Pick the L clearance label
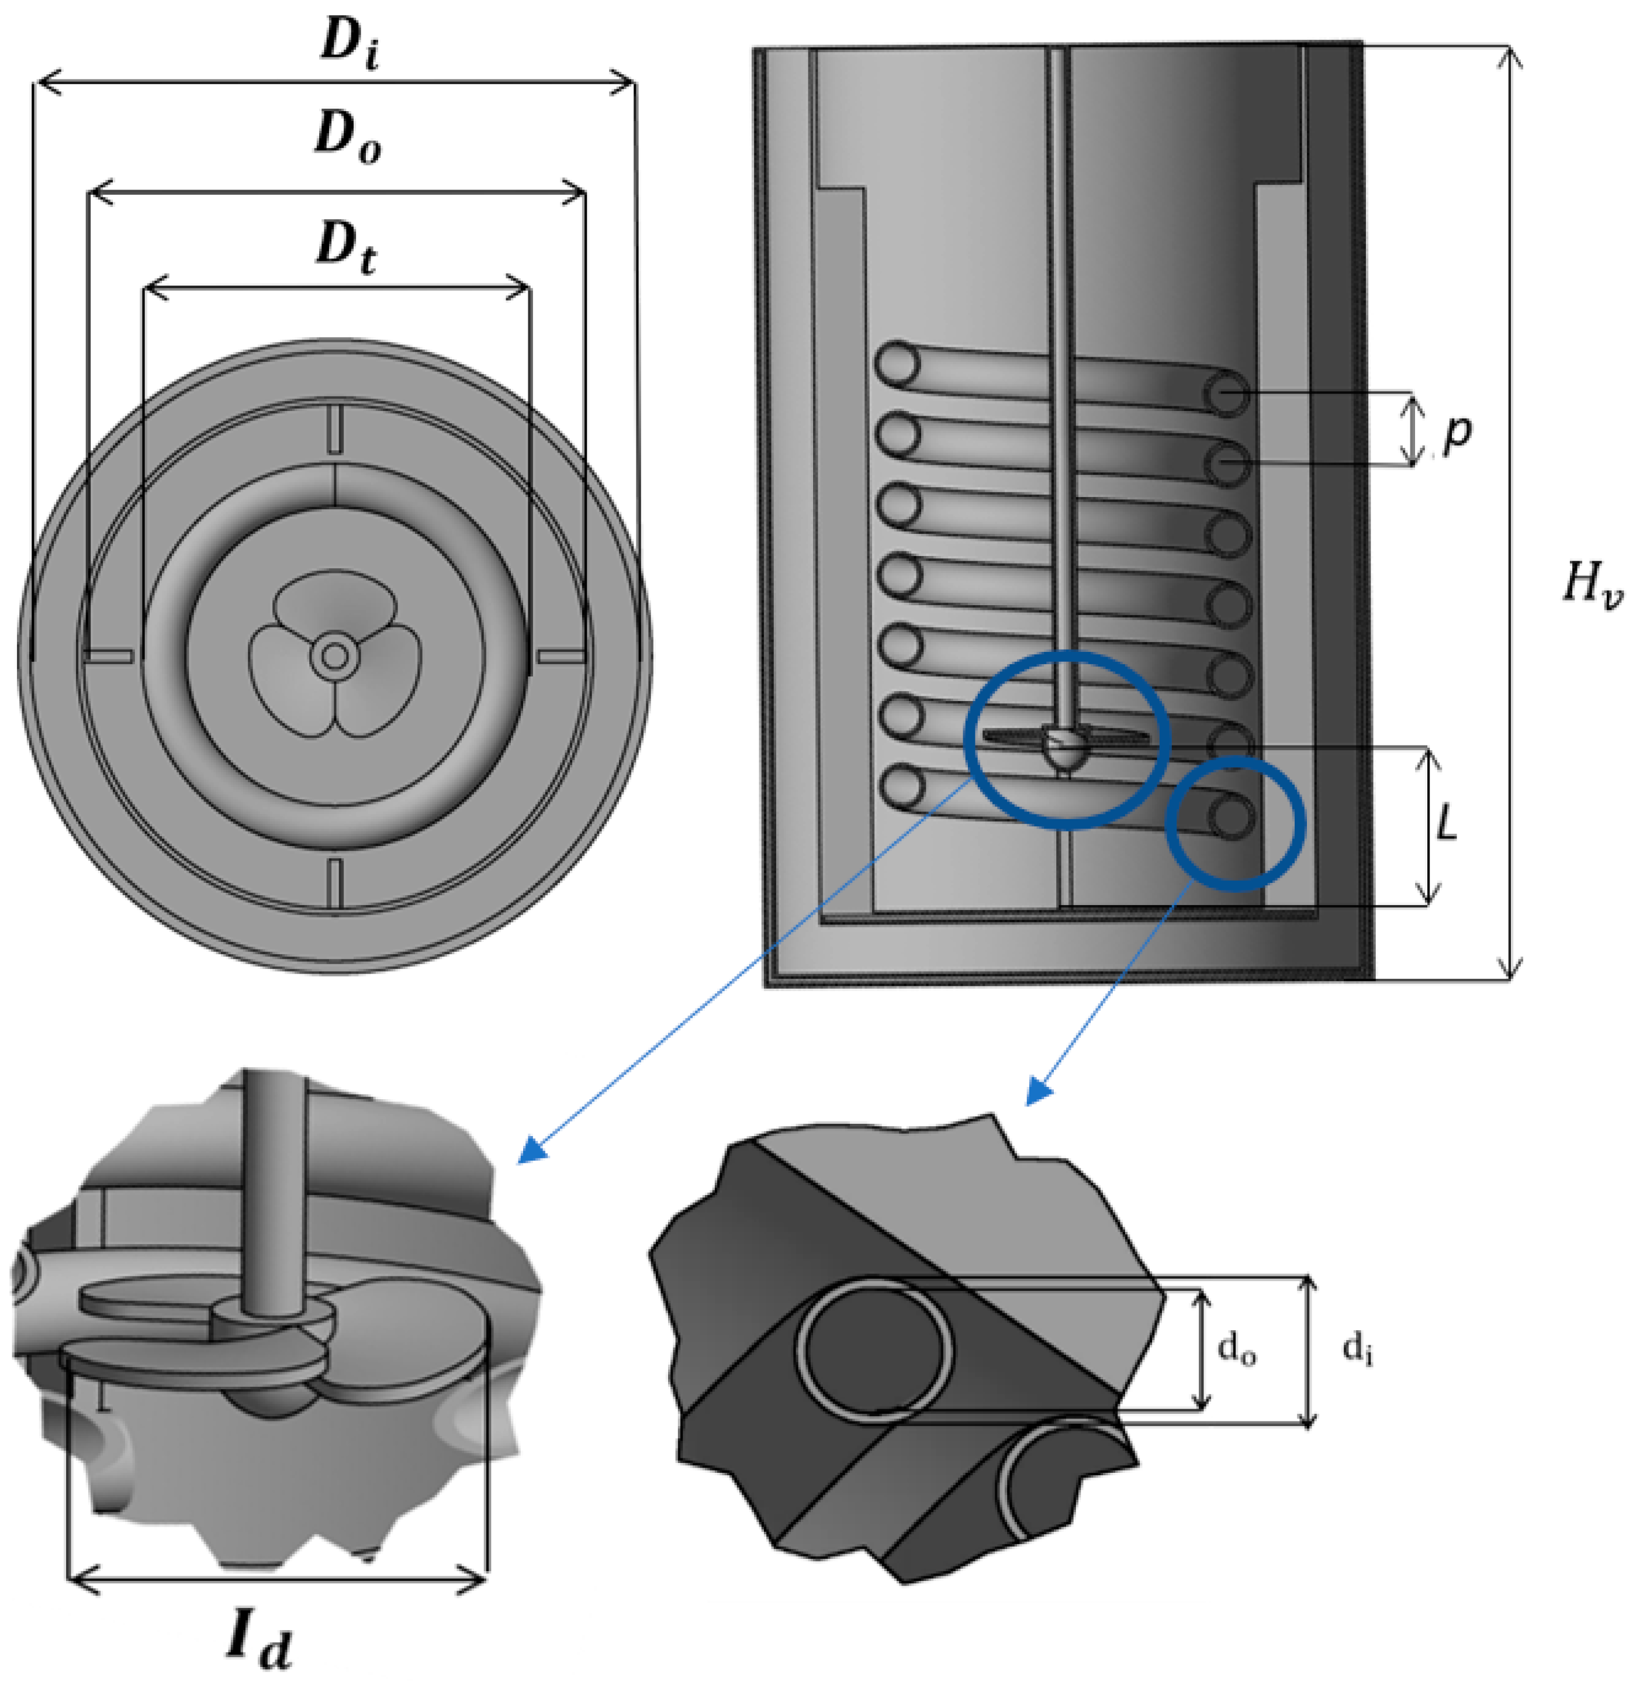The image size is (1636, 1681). (1447, 825)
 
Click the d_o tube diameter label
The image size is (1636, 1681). (1237, 1350)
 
